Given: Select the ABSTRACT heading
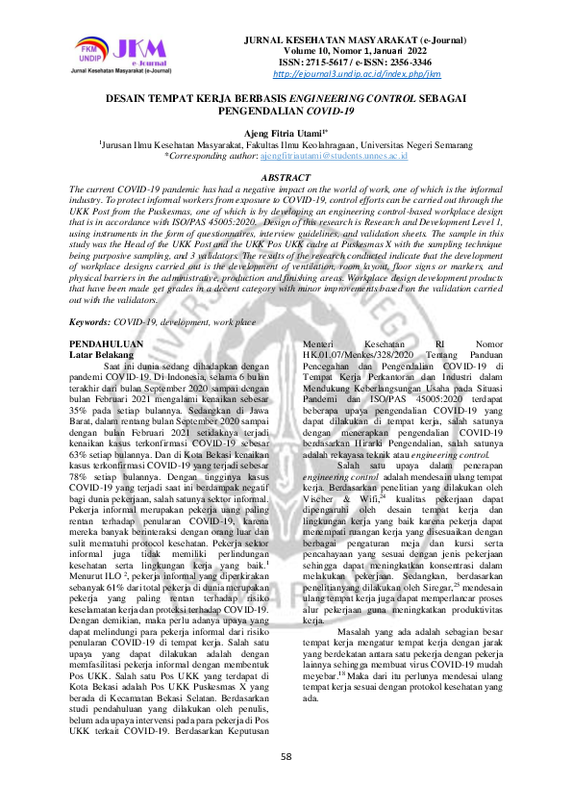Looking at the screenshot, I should pos(286,178).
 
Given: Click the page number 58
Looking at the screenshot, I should pos(286,756).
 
